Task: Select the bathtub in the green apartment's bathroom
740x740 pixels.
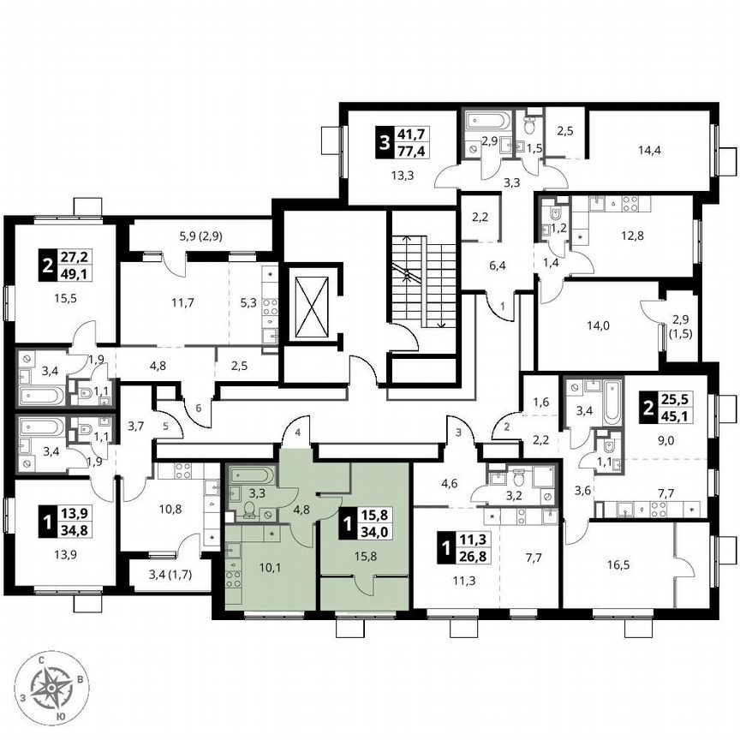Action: (251, 474)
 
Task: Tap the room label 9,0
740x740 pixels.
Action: (665, 442)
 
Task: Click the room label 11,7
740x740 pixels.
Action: (181, 301)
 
